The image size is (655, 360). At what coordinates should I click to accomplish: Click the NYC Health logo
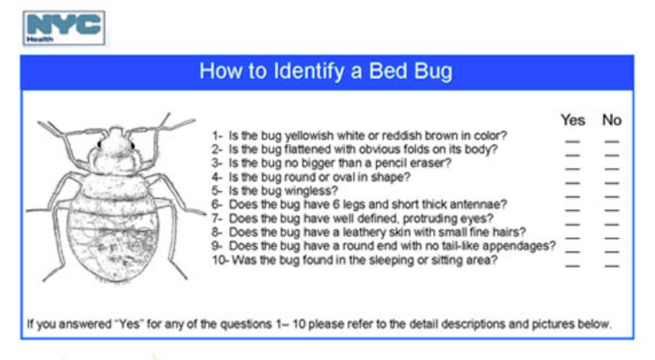tap(64, 28)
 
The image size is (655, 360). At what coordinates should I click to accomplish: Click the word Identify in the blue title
tap(309, 72)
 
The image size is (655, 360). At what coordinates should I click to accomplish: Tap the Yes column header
tap(573, 120)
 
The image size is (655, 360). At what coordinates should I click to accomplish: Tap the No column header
tap(612, 120)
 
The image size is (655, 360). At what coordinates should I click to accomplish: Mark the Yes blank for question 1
tap(573, 142)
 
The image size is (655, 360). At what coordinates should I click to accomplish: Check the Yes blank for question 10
tap(573, 266)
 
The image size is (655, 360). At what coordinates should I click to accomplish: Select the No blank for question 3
tap(612, 169)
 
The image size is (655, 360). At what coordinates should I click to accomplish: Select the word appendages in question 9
tap(519, 246)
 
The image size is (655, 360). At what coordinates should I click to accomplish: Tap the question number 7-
tap(217, 218)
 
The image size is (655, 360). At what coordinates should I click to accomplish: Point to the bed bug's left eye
tap(99, 144)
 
